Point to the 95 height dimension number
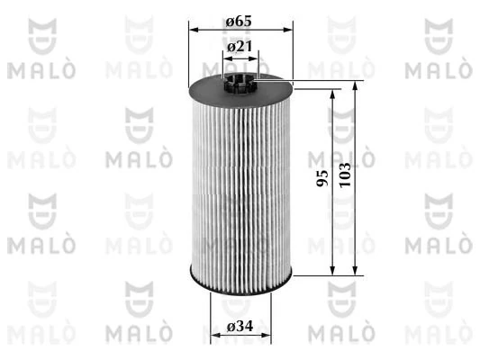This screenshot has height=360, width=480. click(321, 176)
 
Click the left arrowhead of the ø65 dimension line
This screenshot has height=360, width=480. click(192, 29)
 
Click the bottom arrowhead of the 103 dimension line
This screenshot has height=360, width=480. click(357, 268)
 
